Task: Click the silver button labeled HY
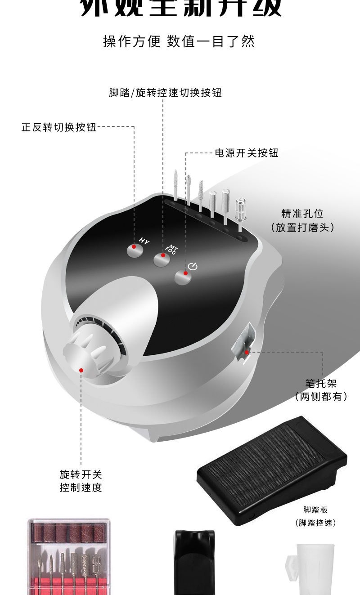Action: (134, 250)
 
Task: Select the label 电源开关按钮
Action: (247, 153)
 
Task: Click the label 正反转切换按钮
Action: (59, 127)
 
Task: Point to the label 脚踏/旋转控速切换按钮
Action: (165, 93)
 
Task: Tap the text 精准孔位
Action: (302, 213)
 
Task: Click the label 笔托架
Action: (321, 383)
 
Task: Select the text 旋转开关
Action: (81, 474)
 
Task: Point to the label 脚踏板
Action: (315, 510)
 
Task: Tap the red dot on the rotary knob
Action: (81, 370)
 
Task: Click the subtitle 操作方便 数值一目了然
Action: (179, 41)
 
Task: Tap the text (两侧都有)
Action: (321, 397)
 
